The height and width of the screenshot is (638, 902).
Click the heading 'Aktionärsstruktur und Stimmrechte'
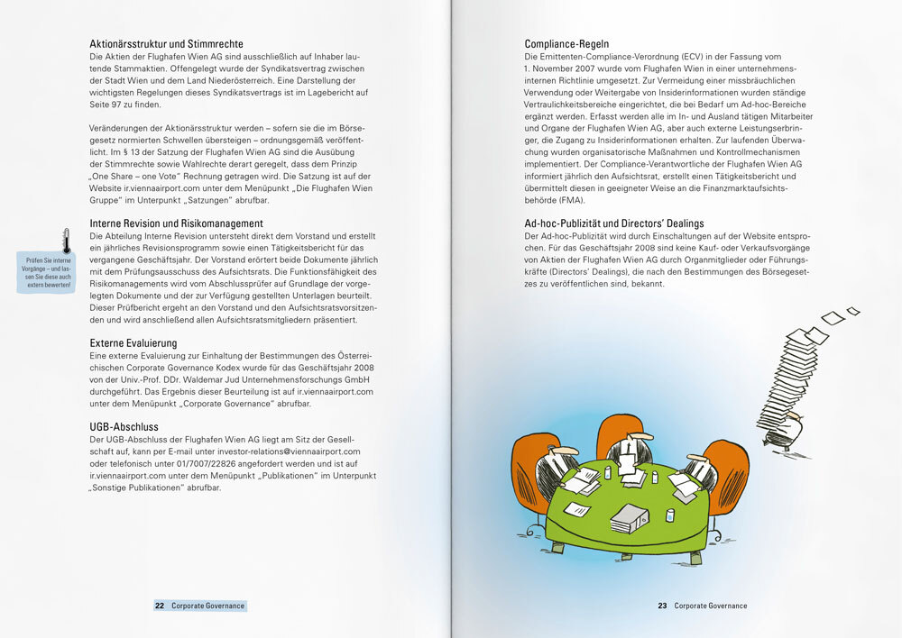tap(166, 43)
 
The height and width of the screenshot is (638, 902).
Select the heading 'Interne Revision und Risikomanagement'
tap(177, 223)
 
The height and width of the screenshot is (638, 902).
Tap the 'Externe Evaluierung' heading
tap(133, 343)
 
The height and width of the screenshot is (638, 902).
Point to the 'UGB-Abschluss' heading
tap(124, 425)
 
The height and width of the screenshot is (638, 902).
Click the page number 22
tap(160, 606)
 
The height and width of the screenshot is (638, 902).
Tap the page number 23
tap(661, 606)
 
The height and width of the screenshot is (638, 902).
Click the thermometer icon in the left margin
tap(65, 241)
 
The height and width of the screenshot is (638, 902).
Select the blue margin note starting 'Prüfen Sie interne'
tap(49, 273)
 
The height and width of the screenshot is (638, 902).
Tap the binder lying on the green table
tap(630, 518)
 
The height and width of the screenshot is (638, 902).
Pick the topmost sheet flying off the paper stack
tap(852, 311)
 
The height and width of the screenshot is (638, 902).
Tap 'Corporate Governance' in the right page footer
tap(711, 606)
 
